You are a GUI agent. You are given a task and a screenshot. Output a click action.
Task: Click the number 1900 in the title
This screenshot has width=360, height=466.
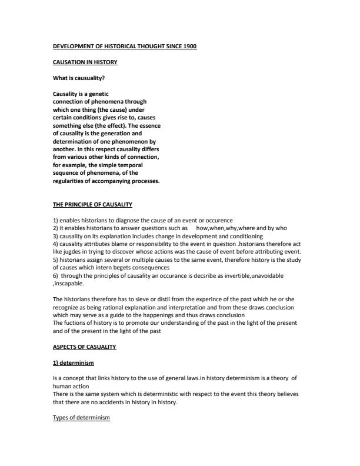tap(189, 46)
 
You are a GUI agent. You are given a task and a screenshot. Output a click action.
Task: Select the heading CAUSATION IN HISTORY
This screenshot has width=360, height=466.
tap(85, 62)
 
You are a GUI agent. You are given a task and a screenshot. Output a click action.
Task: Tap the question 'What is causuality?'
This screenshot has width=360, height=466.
tap(79, 78)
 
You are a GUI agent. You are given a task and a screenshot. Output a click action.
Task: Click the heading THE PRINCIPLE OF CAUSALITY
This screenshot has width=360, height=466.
tap(92, 204)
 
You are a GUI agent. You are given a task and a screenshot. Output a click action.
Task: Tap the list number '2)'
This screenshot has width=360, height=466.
tap(56, 227)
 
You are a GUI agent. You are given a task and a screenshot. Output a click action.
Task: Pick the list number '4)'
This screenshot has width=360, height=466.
tap(56, 242)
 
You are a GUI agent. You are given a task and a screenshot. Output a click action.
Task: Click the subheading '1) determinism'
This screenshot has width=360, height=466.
tap(73, 362)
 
